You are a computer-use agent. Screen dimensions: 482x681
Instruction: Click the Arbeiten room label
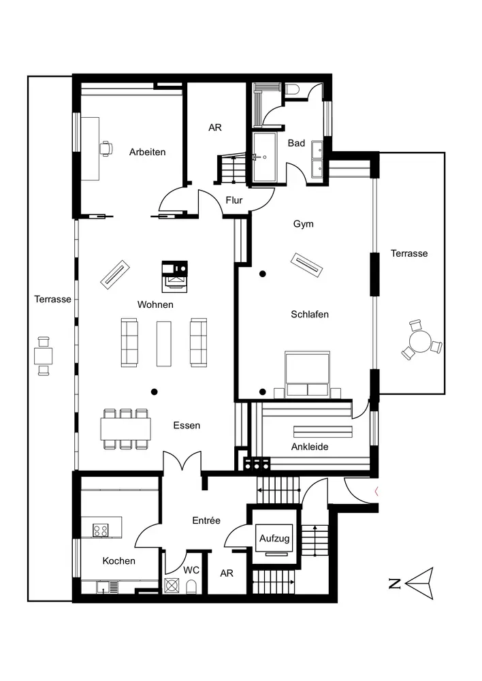[147, 152]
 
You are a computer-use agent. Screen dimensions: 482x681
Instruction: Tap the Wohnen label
[155, 304]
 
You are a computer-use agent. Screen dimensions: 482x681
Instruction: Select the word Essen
[187, 425]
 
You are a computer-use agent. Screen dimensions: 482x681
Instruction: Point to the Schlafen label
[310, 314]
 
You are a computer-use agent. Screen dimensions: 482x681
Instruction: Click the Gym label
[303, 223]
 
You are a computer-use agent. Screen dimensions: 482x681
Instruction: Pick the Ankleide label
[310, 447]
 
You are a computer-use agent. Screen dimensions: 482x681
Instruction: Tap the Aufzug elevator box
[274, 539]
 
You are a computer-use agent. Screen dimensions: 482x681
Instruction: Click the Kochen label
[119, 561]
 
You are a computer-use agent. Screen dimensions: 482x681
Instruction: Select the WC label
[191, 569]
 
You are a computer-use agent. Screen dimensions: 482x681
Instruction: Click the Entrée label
[206, 520]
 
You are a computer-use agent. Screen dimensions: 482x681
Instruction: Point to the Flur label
[234, 200]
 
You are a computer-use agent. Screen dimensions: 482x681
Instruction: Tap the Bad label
[296, 143]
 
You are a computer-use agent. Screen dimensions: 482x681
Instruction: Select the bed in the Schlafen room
[307, 375]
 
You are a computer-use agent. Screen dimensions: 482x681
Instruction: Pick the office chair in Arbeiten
[106, 147]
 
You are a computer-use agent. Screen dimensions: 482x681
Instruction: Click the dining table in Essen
[125, 428]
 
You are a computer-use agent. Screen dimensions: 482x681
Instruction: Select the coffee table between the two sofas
[163, 342]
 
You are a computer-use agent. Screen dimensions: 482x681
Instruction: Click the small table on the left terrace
[44, 355]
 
